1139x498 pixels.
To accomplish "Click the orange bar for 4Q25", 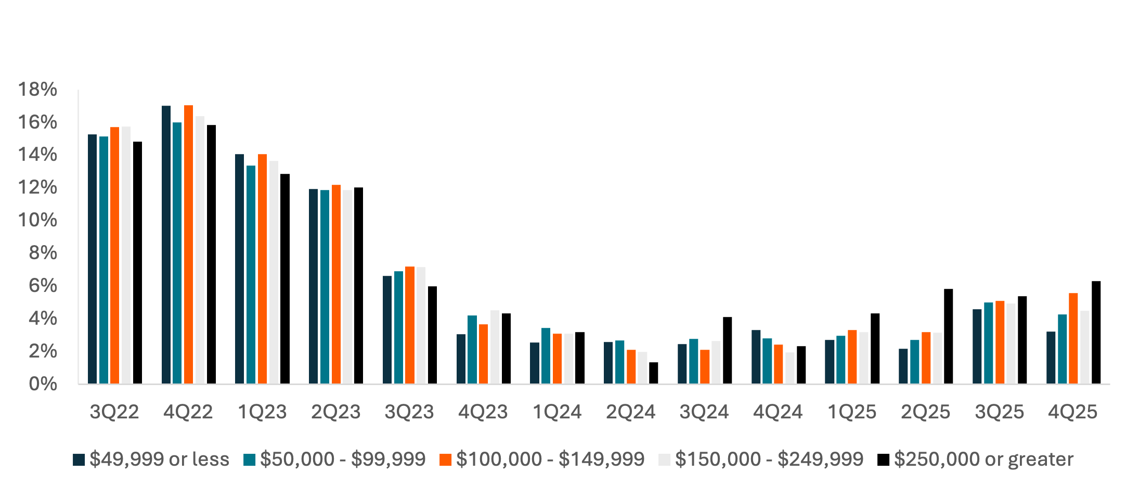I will tap(1073, 338).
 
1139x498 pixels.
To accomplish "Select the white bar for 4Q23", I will tap(495, 347).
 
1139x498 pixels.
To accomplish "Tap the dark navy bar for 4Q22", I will tap(166, 245).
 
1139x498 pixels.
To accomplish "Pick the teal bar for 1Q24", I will tap(546, 356).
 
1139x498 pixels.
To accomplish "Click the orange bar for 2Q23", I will tap(336, 284).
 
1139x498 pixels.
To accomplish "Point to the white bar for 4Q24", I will tap(789, 368).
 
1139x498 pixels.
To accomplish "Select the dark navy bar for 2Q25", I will tap(903, 366).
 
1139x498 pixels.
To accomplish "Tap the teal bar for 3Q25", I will tap(988, 343).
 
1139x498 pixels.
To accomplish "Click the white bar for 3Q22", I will tap(126, 255).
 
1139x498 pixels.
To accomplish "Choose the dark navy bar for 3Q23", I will tap(387, 330).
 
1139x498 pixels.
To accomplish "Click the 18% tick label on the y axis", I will tap(37, 90).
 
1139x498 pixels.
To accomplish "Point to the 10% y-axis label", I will tap(37, 220).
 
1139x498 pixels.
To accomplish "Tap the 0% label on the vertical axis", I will tap(43, 384).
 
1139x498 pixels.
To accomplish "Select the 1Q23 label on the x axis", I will tap(262, 412).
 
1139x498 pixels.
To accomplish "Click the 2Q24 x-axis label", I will tap(630, 412).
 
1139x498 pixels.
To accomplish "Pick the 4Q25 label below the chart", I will tap(1072, 412).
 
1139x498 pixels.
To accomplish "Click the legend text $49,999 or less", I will tap(159, 459).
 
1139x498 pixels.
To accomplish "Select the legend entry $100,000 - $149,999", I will tap(550, 459).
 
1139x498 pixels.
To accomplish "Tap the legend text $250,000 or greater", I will tap(983, 459).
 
